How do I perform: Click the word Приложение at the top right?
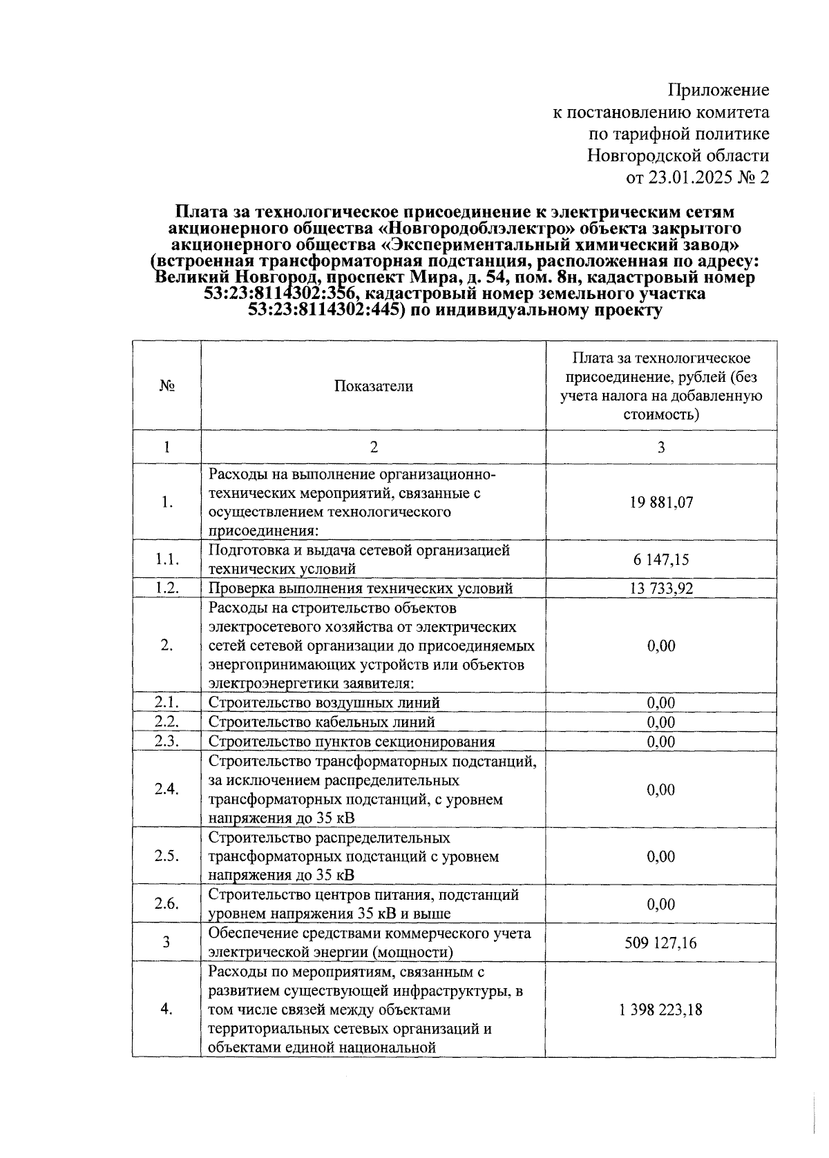click(x=718, y=90)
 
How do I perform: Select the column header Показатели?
click(x=373, y=386)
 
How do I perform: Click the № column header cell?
click(x=166, y=386)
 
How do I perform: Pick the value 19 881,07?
click(x=660, y=502)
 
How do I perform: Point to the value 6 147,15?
click(x=660, y=559)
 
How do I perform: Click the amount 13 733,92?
click(x=660, y=588)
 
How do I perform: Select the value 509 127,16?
click(x=660, y=942)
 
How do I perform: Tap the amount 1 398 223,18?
click(x=660, y=1009)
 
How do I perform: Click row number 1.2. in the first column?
click(x=167, y=588)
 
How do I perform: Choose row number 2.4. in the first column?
click(x=167, y=789)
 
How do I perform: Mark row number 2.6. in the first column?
click(x=167, y=904)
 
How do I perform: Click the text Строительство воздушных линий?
click(x=324, y=702)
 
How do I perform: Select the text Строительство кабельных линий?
click(x=321, y=722)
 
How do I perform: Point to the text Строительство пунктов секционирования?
click(x=352, y=742)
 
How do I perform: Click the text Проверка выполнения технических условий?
click(x=361, y=588)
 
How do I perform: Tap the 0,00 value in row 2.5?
click(x=660, y=856)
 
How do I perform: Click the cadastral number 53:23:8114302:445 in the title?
click(x=325, y=311)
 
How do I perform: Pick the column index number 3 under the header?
click(x=660, y=447)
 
